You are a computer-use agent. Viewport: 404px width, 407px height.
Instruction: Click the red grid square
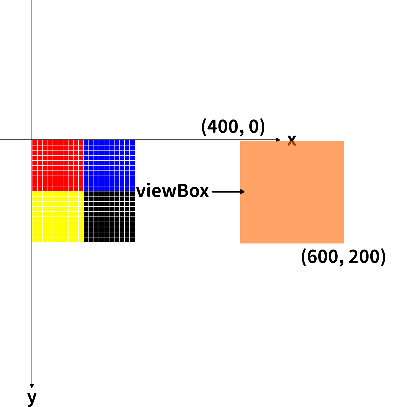pyautogui.click(x=58, y=165)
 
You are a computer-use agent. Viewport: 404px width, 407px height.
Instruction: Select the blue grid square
pyautogui.click(x=109, y=165)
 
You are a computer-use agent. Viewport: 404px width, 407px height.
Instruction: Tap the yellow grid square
pyautogui.click(x=58, y=217)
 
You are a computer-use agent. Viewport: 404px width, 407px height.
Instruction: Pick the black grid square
pyautogui.click(x=109, y=217)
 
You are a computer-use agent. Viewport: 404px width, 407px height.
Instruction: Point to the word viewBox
pyautogui.click(x=173, y=191)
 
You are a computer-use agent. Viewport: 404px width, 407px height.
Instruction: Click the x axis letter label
pyautogui.click(x=291, y=140)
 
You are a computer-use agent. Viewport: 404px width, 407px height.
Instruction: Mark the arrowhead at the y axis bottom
pyautogui.click(x=32, y=386)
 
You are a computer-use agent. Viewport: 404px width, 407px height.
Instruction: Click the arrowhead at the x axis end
pyautogui.click(x=278, y=140)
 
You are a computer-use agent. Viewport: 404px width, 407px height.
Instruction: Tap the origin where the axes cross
pyautogui.click(x=32, y=140)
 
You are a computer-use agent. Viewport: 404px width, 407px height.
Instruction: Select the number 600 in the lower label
pyautogui.click(x=322, y=257)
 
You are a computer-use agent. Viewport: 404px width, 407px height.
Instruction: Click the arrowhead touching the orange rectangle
pyautogui.click(x=242, y=191)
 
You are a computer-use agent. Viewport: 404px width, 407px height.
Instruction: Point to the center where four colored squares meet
pyautogui.click(x=84, y=191)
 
